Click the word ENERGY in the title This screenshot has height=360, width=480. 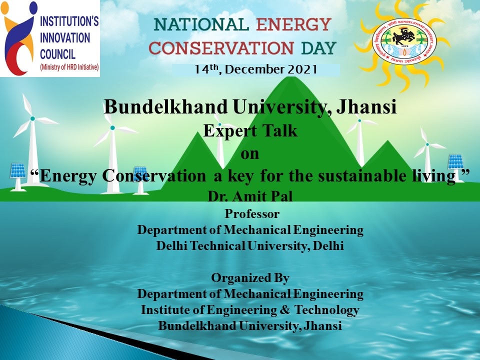pyautogui.click(x=294, y=24)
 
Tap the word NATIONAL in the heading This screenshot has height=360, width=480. pyautogui.click(x=201, y=24)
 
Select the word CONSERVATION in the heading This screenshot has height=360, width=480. pyautogui.click(x=221, y=48)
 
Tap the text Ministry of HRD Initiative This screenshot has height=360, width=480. pyautogui.click(x=69, y=67)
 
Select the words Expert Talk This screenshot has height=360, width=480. pyautogui.click(x=250, y=130)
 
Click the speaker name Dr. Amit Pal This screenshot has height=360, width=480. pyautogui.click(x=250, y=196)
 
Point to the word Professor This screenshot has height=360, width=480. pyautogui.click(x=252, y=213)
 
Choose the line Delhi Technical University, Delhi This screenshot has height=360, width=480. pyautogui.click(x=250, y=245)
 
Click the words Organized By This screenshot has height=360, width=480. pyautogui.click(x=250, y=278)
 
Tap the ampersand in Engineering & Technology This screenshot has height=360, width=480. pyautogui.click(x=284, y=309)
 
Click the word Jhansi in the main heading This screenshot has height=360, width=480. pyautogui.click(x=366, y=107)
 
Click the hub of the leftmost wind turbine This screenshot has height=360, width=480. pyautogui.click(x=32, y=118)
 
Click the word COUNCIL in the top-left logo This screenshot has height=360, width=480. pyautogui.click(x=58, y=54)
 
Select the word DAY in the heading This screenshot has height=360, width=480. pyautogui.click(x=318, y=48)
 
